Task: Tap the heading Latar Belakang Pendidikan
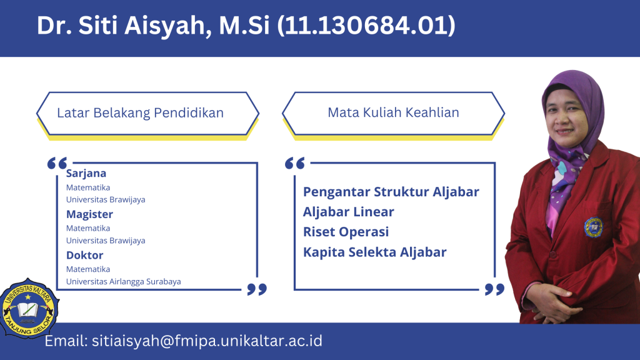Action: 140,112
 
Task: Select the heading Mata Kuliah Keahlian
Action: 394,112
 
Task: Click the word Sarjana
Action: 86,174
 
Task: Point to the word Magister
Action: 89,214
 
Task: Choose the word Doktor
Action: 84,255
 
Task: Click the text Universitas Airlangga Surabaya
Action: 123,282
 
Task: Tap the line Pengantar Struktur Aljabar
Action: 391,192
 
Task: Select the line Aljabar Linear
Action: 349,212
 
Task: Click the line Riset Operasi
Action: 346,232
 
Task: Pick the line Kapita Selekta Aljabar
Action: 375,252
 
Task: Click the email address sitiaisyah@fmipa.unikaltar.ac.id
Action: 207,341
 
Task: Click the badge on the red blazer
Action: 594,227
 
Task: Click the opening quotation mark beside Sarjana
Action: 57,163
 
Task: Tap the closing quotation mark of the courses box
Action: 495,289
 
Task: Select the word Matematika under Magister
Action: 88,228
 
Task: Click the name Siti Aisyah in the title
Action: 141,25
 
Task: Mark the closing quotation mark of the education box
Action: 257,289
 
